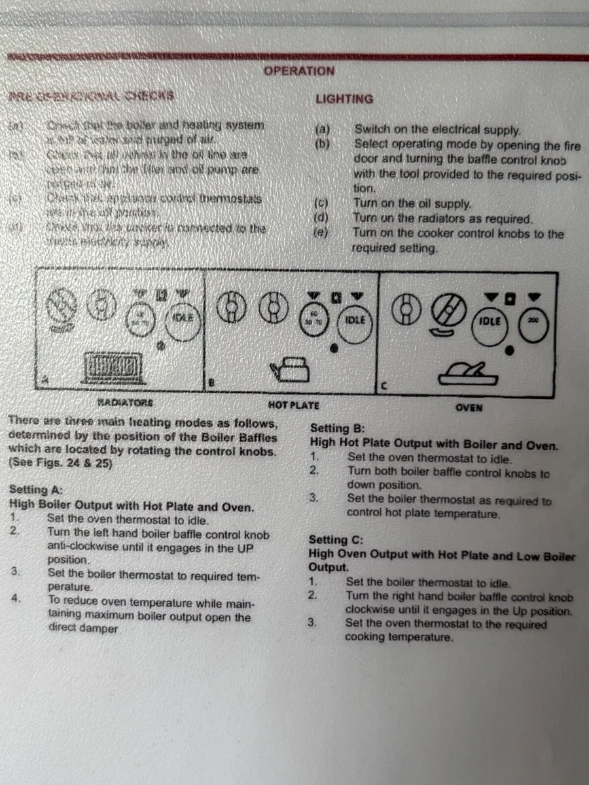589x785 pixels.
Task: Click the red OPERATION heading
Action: click(298, 71)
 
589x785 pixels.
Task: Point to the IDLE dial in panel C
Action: click(490, 321)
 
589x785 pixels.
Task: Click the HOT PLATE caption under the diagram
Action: click(293, 406)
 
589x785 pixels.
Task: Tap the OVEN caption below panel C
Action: click(469, 408)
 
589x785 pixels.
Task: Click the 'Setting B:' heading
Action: click(336, 429)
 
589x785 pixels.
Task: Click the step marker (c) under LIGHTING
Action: click(322, 205)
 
